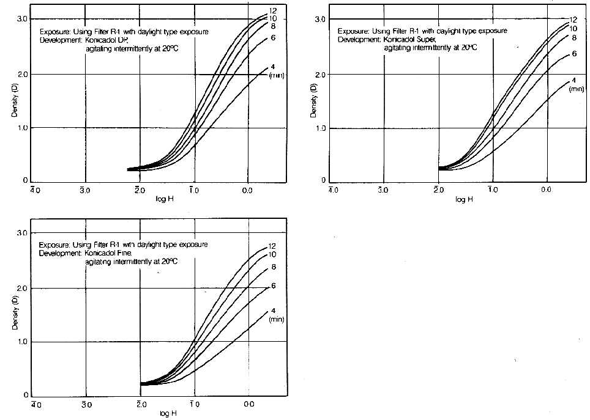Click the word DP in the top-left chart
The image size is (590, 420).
click(130, 40)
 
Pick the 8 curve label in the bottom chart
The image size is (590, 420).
click(273, 267)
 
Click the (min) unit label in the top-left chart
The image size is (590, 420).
click(278, 75)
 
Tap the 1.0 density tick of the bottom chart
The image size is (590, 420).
click(23, 342)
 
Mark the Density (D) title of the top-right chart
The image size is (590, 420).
click(313, 101)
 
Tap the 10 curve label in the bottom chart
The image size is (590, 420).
click(273, 254)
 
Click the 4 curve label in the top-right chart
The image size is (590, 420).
click(573, 81)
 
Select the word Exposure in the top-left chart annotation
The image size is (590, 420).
click(54, 30)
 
